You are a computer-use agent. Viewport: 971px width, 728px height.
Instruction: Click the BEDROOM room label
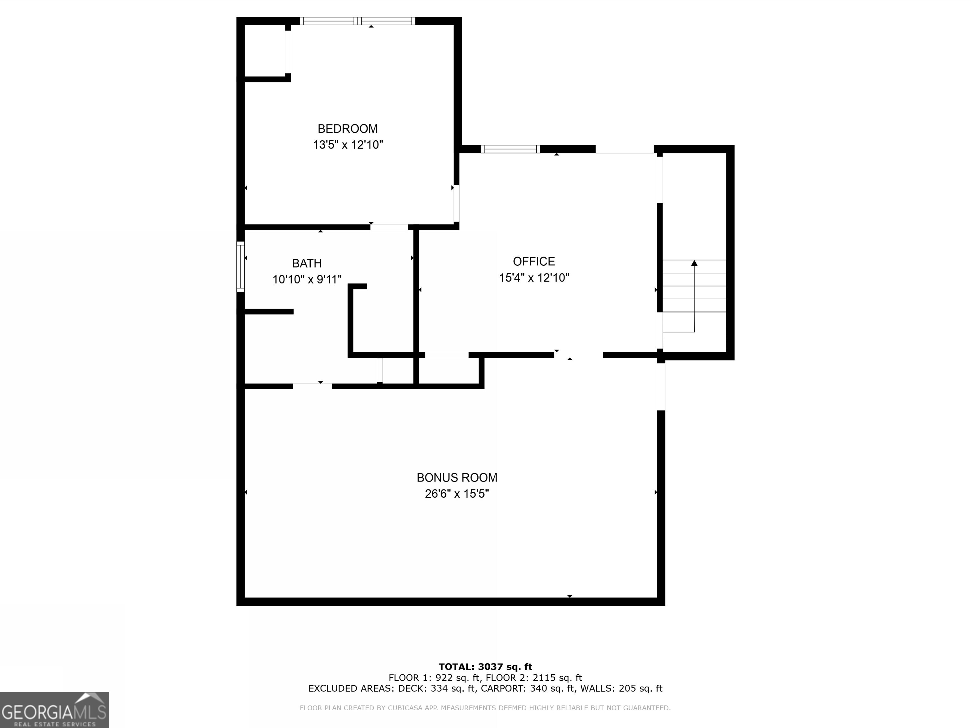click(347, 129)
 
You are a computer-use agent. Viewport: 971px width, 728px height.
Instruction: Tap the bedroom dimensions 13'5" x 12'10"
click(348, 145)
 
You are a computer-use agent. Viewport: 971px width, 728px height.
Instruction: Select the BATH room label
click(307, 263)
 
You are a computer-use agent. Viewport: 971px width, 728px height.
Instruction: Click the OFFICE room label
click(534, 262)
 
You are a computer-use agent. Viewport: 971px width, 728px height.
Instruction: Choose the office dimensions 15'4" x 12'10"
click(534, 278)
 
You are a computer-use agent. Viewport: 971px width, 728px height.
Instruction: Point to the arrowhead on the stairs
click(694, 263)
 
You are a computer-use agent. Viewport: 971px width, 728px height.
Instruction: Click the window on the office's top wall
click(510, 149)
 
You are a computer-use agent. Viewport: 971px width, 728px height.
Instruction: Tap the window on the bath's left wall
click(241, 266)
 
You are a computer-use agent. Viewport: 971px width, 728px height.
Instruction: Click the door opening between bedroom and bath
click(389, 227)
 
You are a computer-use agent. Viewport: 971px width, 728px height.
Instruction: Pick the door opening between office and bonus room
click(578, 355)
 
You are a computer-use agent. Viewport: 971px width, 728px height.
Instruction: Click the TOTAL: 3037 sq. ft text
click(485, 667)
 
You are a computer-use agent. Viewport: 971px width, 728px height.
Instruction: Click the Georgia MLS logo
click(54, 710)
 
